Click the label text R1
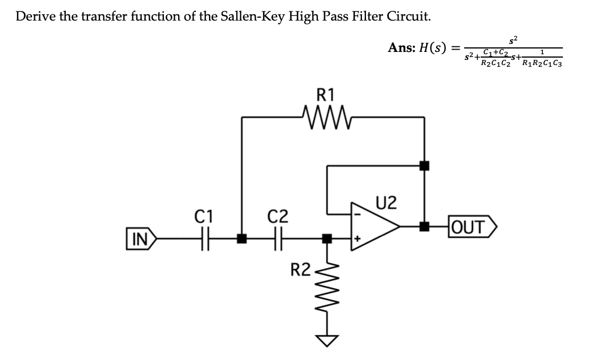click(327, 93)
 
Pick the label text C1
click(204, 216)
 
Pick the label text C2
click(278, 216)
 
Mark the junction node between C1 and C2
click(243, 238)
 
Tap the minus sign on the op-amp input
click(358, 215)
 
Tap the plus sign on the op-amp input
click(358, 239)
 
